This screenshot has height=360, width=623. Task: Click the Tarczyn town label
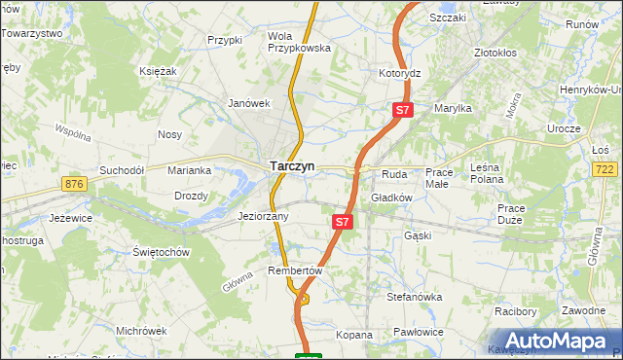click(x=291, y=166)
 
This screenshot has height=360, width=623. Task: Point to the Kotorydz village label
click(x=399, y=73)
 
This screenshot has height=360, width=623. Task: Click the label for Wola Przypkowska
click(x=299, y=42)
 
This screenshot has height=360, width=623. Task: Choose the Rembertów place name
click(x=293, y=270)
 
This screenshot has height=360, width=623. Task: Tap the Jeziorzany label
click(x=263, y=217)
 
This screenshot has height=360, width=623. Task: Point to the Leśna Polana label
click(x=485, y=173)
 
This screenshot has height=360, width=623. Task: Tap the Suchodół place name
click(x=122, y=169)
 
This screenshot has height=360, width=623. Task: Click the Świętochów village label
click(x=161, y=252)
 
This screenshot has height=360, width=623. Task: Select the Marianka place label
click(x=189, y=170)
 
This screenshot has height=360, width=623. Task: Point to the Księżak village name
click(x=157, y=71)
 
